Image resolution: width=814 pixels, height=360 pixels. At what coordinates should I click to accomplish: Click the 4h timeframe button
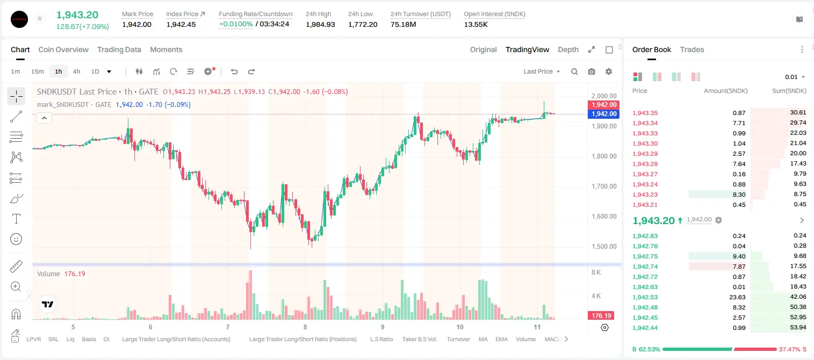click(76, 71)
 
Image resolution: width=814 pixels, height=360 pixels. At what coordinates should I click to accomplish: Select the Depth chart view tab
click(568, 50)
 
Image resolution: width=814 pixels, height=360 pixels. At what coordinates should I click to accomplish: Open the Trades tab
click(692, 50)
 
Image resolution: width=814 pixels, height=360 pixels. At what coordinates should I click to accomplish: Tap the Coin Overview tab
click(63, 50)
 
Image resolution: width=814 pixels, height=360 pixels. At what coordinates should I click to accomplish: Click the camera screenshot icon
click(592, 71)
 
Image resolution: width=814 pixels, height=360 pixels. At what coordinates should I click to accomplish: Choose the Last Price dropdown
click(542, 71)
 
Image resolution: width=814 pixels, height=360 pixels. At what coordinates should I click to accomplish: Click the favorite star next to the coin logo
click(40, 18)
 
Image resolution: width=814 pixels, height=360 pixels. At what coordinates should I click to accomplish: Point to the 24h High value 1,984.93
click(320, 24)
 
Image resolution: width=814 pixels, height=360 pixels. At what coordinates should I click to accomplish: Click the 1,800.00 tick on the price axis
click(604, 156)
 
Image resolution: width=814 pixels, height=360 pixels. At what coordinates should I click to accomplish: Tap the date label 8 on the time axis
click(305, 327)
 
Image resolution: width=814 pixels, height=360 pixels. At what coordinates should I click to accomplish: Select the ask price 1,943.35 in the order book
click(645, 113)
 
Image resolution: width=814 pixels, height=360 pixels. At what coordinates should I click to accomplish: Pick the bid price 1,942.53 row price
click(645, 297)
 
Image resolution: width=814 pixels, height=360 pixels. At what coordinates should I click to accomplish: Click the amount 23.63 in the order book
click(737, 297)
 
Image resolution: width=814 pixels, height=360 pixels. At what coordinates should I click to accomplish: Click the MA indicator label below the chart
click(483, 339)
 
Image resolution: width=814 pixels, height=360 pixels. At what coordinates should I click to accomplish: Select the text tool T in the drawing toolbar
click(16, 219)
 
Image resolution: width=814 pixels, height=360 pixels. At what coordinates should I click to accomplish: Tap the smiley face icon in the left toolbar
click(16, 239)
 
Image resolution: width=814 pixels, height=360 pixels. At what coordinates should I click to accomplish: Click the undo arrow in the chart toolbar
click(234, 71)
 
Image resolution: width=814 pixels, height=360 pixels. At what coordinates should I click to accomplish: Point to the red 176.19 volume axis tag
click(601, 316)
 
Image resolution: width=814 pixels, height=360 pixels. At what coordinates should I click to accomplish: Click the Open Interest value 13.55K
click(476, 24)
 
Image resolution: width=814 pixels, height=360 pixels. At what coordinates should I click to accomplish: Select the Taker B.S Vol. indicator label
click(419, 339)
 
